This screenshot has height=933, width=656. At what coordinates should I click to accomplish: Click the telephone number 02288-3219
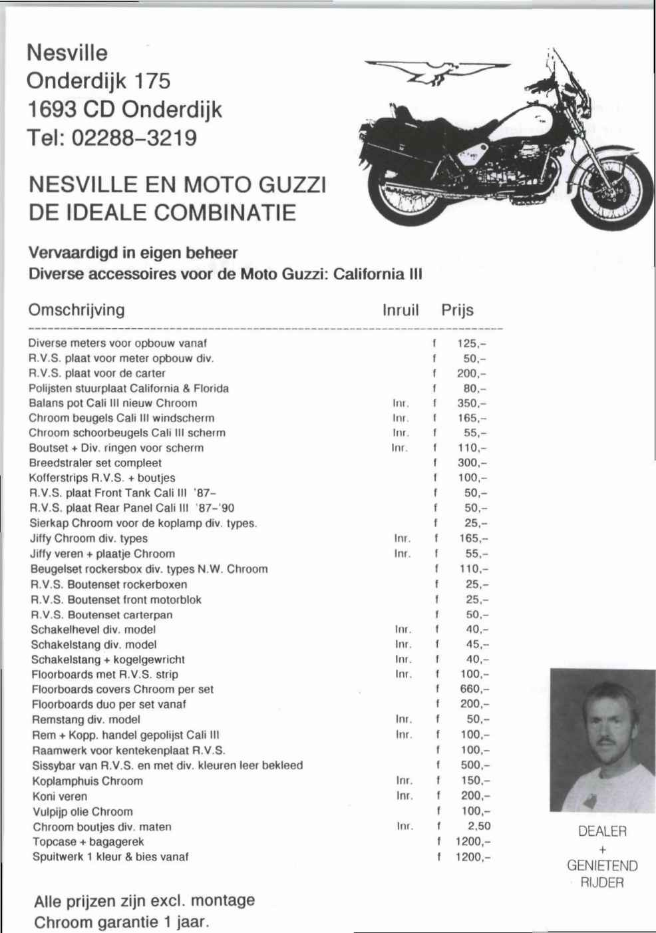(134, 138)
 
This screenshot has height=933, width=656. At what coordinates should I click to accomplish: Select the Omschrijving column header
(77, 310)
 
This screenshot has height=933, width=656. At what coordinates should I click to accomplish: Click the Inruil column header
(401, 310)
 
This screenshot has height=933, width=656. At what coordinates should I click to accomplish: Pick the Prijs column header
(457, 310)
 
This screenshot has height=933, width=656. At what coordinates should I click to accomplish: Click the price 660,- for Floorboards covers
(474, 689)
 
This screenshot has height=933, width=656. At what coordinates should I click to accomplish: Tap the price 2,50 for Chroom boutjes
(478, 826)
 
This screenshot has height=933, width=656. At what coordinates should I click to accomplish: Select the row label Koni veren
(60, 796)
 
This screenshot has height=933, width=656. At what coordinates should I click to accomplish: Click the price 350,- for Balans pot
(472, 403)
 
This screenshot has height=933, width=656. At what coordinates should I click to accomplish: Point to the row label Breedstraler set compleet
(95, 463)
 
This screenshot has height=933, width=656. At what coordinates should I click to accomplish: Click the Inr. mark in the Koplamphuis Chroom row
(405, 781)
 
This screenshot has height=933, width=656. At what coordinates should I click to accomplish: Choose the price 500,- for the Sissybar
(475, 765)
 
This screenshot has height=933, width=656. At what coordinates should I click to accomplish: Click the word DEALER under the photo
(602, 831)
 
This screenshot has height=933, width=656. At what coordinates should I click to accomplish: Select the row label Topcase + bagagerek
(88, 842)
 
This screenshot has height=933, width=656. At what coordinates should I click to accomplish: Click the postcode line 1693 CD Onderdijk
(124, 109)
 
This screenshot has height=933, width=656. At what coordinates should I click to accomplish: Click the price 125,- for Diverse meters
(472, 343)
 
